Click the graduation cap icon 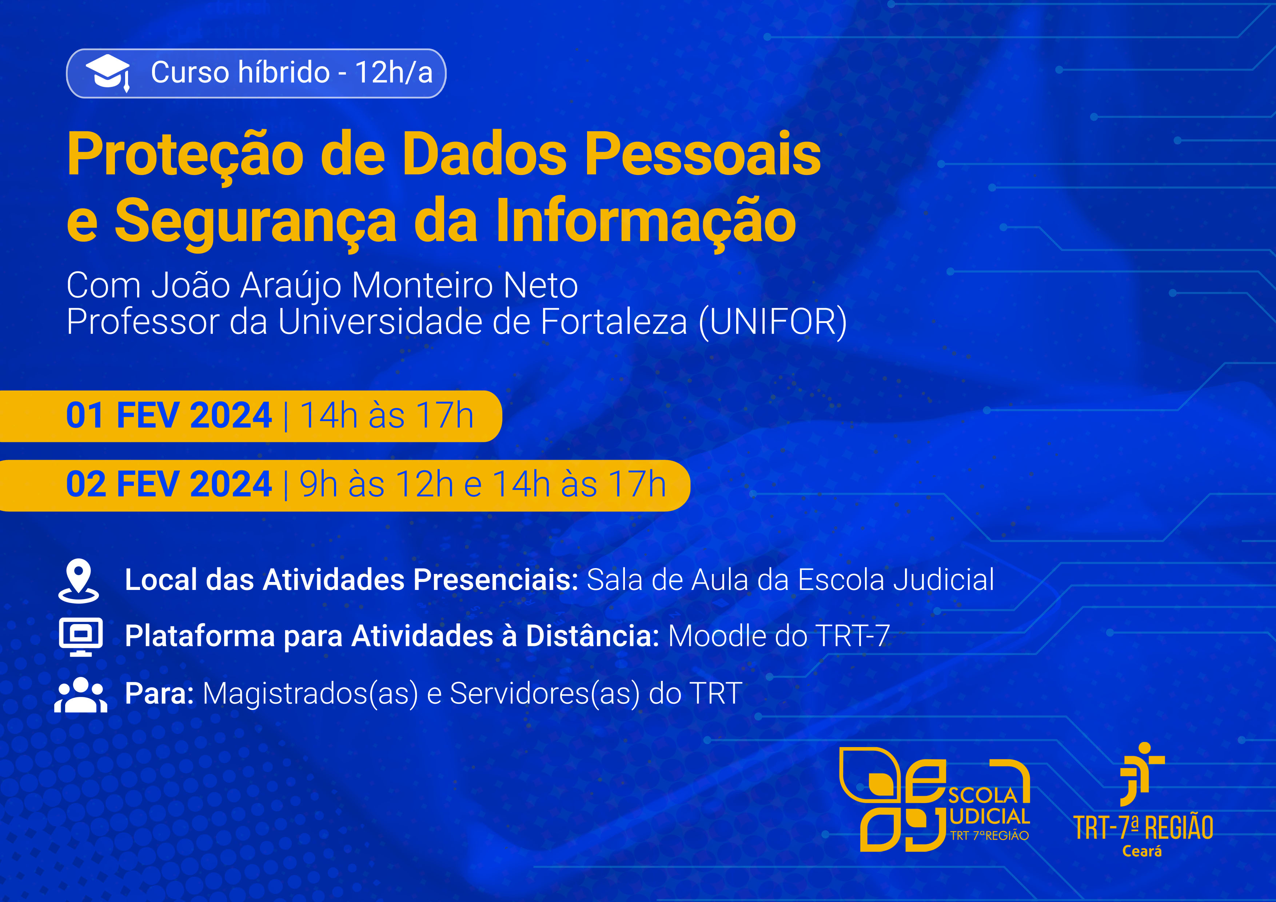pyautogui.click(x=108, y=73)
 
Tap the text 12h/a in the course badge pyautogui.click(x=394, y=73)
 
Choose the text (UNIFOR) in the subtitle pyautogui.click(x=773, y=322)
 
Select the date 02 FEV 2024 pyautogui.click(x=169, y=484)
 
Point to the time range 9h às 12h pyautogui.click(x=376, y=484)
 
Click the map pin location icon pyautogui.click(x=79, y=581)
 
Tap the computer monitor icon pyautogui.click(x=81, y=636)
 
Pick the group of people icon pyautogui.click(x=81, y=695)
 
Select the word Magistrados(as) pyautogui.click(x=310, y=694)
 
